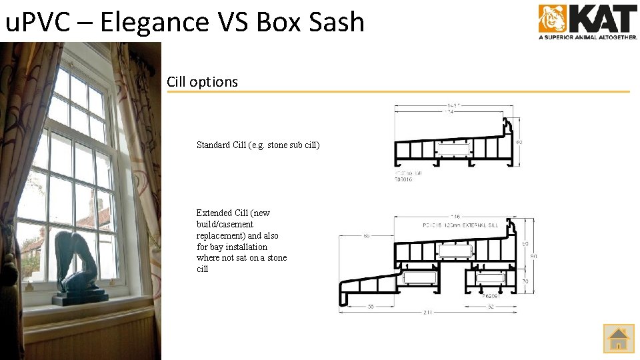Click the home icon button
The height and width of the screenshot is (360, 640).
point(618,338)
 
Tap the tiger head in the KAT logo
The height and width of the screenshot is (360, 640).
point(552,18)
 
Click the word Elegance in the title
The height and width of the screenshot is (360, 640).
point(154,22)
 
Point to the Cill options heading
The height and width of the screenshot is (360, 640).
point(202,82)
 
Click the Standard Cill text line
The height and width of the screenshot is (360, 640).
point(258,145)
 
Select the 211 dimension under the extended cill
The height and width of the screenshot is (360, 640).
point(427,312)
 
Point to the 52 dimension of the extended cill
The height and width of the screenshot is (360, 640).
point(491,307)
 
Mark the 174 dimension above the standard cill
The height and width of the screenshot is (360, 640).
point(450,112)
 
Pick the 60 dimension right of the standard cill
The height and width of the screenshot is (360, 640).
point(519,142)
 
